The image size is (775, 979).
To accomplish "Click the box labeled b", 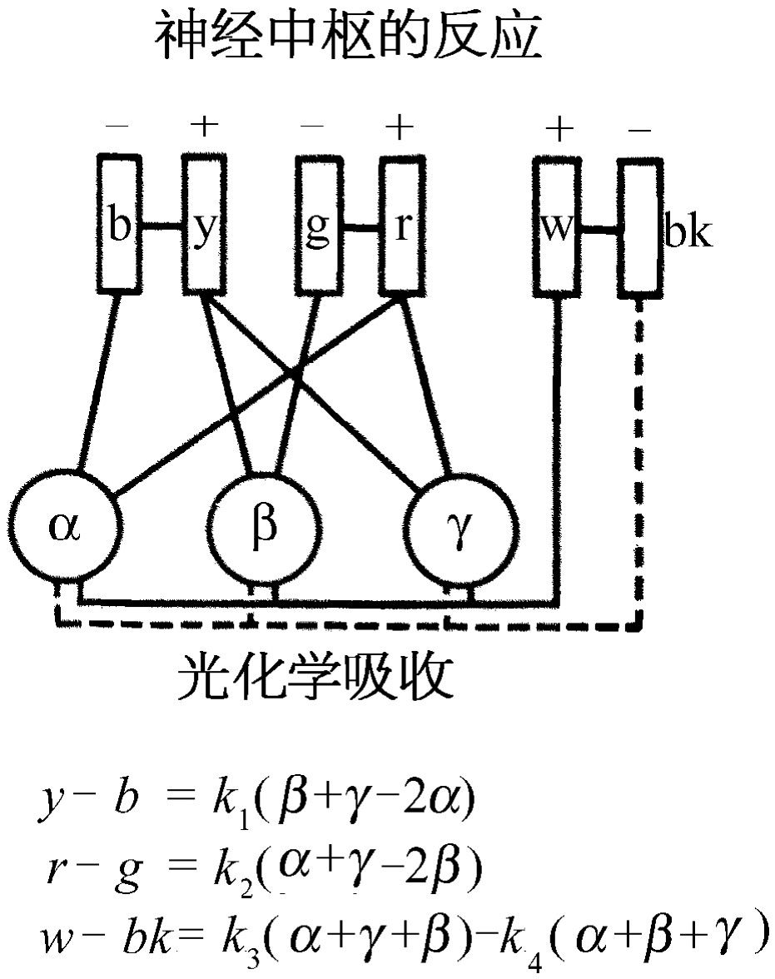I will pyautogui.click(x=121, y=224).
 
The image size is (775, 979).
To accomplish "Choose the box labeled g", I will pyautogui.click(x=317, y=224).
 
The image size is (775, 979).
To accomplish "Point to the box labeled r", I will pyautogui.click(x=400, y=224).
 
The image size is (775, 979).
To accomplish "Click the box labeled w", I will pyautogui.click(x=556, y=224).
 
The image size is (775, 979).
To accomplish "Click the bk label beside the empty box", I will pyautogui.click(x=688, y=234).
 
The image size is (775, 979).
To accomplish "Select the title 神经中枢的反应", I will pyautogui.click(x=347, y=37).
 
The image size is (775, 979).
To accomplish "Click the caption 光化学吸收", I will pyautogui.click(x=316, y=678).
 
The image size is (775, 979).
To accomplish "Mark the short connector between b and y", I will pyautogui.click(x=161, y=226).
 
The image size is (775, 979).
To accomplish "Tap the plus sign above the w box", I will pyautogui.click(x=559, y=128).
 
